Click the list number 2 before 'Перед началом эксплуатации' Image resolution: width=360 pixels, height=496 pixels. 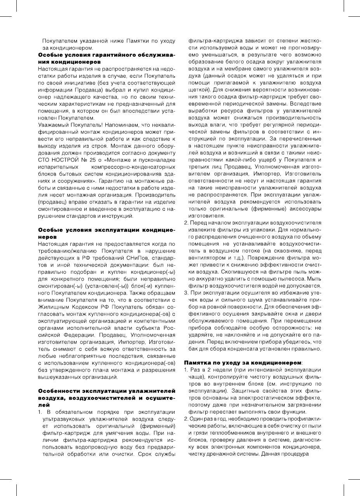click(186, 223)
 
